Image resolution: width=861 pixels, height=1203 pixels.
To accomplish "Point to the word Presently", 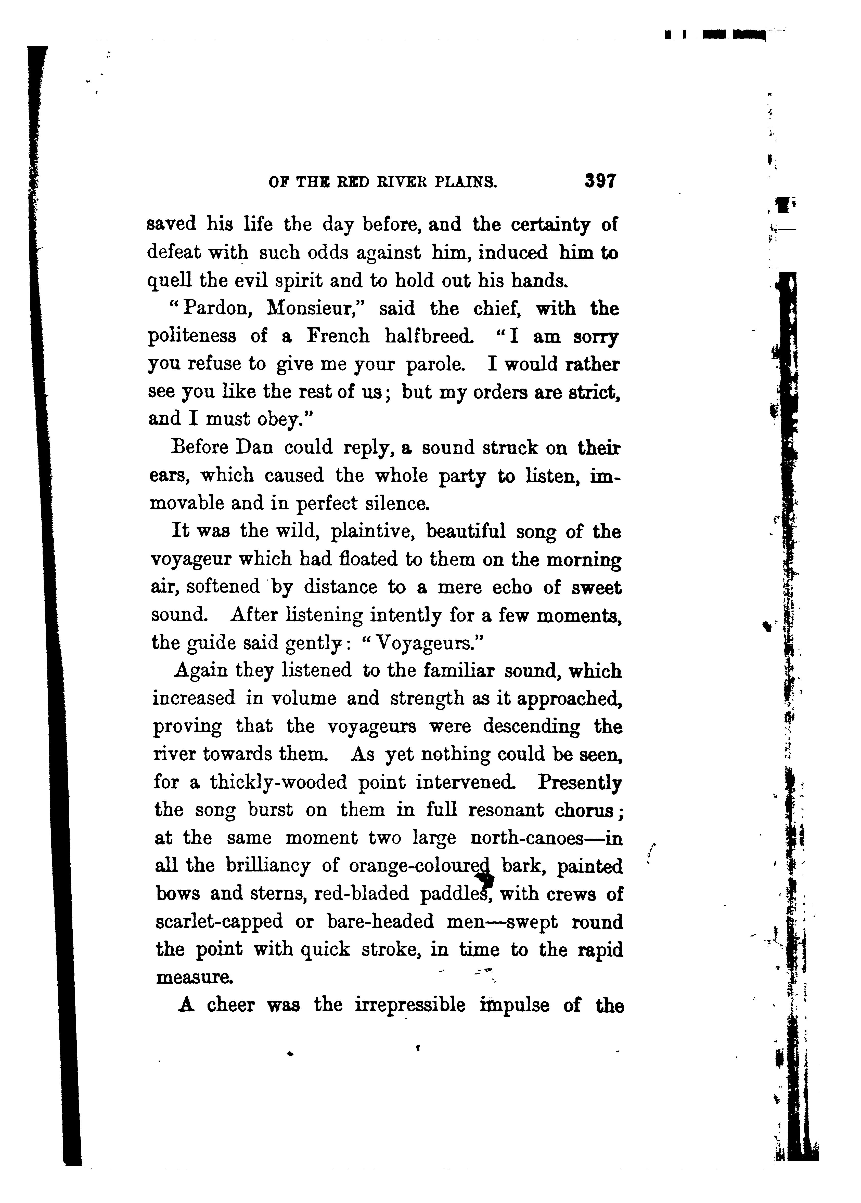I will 580,782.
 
